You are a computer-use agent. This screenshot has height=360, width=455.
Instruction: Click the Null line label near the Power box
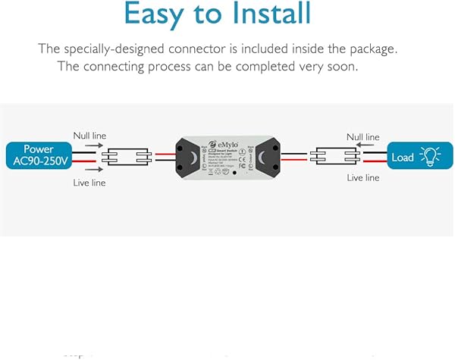89,135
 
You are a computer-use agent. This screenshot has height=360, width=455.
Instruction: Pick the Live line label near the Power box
89,183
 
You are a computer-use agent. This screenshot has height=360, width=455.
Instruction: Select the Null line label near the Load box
362,137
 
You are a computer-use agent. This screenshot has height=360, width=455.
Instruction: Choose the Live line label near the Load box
362,178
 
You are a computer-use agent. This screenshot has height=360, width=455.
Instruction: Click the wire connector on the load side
334,158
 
